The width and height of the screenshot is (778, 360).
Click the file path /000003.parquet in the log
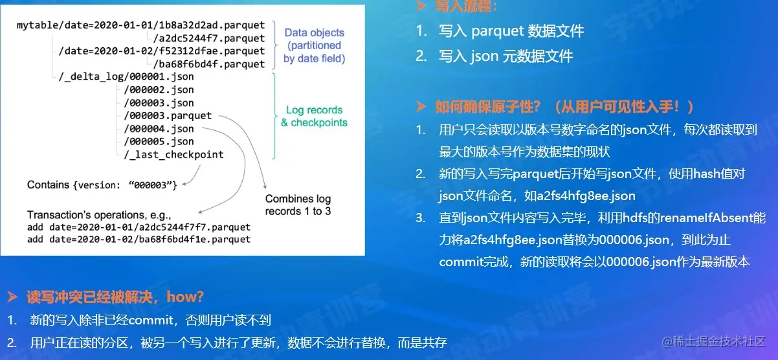pyautogui.click(x=168, y=116)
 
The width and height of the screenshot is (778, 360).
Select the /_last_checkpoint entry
pyautogui.click(x=173, y=155)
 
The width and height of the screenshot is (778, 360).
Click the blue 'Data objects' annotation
pyautogui.click(x=314, y=33)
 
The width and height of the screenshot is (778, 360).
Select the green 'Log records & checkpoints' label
pyautogui.click(x=314, y=117)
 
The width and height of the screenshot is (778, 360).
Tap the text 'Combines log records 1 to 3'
pyautogui.click(x=298, y=205)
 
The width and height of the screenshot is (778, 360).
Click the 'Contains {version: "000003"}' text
pyautogui.click(x=102, y=185)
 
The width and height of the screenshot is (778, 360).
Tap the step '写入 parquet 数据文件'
pyautogui.click(x=511, y=31)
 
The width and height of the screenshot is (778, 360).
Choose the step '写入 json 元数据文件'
pyautogui.click(x=506, y=56)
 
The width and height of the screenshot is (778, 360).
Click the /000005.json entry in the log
pyautogui.click(x=159, y=142)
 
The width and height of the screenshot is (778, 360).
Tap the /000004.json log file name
pyautogui.click(x=159, y=129)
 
